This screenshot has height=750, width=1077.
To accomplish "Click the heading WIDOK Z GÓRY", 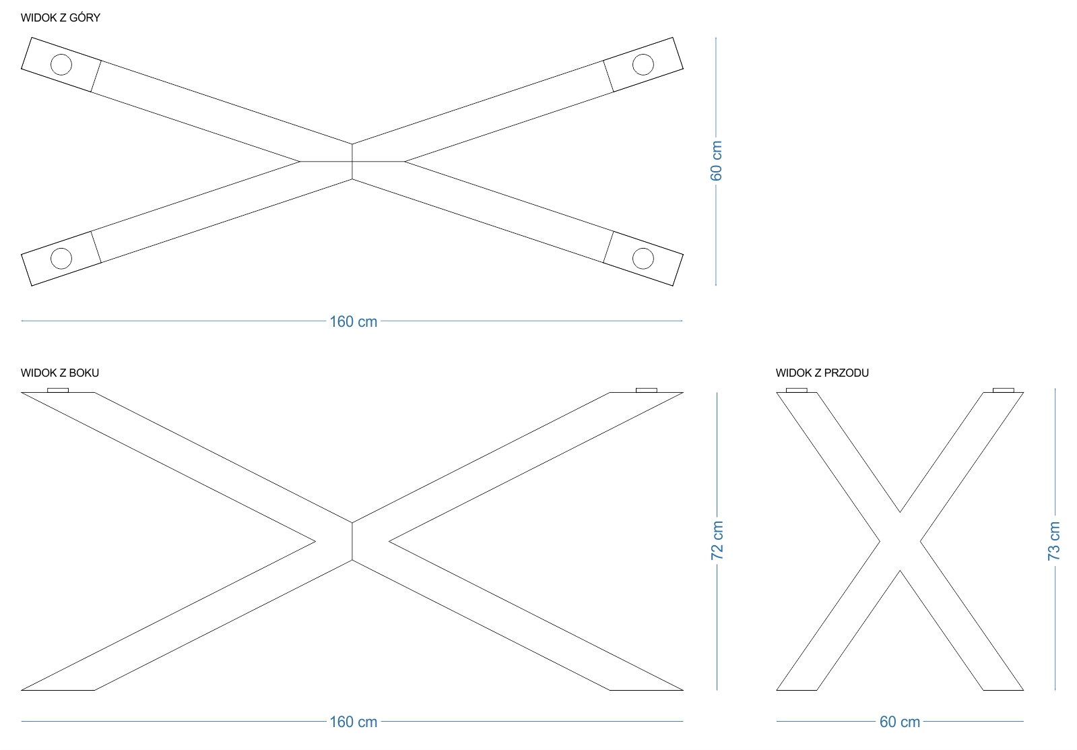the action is pos(60,18).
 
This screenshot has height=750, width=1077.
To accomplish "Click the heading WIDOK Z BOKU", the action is pos(60,373).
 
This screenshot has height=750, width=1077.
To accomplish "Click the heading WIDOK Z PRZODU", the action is pos(822,373).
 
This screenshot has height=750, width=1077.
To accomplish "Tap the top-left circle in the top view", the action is pos(61,65).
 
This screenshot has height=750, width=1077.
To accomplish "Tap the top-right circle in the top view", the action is pos(643,65).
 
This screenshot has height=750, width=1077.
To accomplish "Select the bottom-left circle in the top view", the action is pos(61,258).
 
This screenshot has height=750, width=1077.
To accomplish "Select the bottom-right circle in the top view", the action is pos(643,258).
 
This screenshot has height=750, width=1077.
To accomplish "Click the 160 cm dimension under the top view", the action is pos(353,321).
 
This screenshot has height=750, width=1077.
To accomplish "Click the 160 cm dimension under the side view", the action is pos(353,722).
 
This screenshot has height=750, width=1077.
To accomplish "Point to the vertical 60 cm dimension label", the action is pos(716,161).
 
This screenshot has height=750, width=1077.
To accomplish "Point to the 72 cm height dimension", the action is pos(717,540).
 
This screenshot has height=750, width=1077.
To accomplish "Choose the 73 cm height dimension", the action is pos(1053,540).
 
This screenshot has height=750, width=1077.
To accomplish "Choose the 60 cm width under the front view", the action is pos(900,722).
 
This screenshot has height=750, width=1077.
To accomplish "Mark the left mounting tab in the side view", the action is pos(58,390).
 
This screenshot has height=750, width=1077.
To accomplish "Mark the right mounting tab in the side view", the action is pos(646,390).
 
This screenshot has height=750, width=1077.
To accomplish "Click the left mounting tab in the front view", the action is pos(797,390).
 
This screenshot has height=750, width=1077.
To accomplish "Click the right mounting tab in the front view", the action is pos(1004,390).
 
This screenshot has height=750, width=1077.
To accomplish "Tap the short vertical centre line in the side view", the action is pos(352,541).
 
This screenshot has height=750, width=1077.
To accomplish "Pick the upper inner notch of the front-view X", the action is pos(900,512).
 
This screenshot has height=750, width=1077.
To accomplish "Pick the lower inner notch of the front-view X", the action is pos(900,571).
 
